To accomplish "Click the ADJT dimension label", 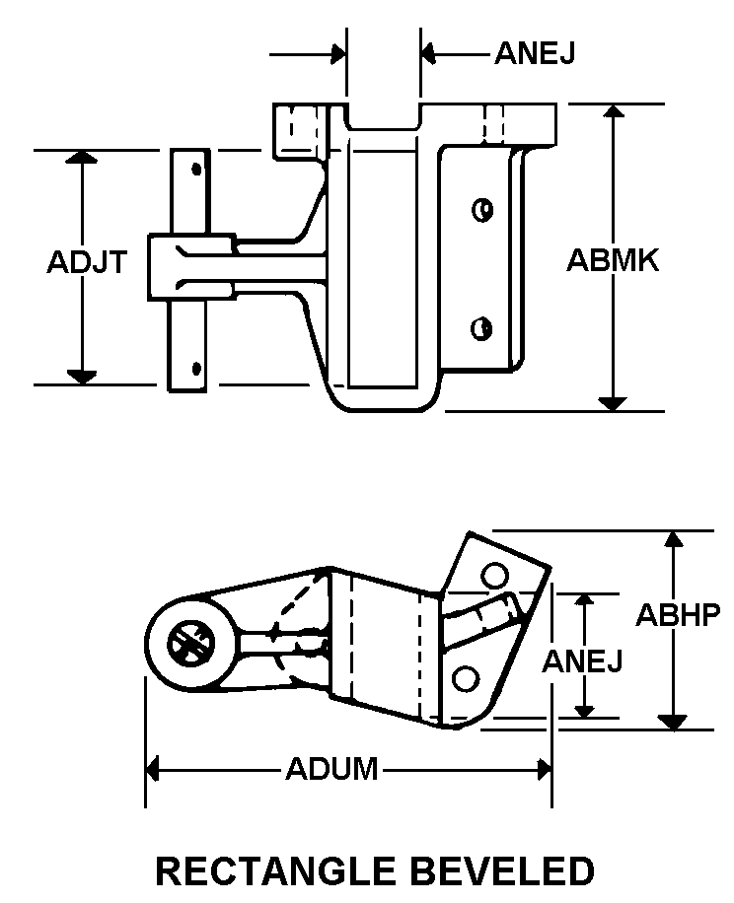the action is pos(87,262).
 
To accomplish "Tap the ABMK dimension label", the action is pos(613,260).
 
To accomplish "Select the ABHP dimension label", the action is pos(678,615).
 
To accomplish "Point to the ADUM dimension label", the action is pos(331,769).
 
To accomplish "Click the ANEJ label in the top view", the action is pos(536,53).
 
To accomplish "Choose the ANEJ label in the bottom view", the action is pos(582,660).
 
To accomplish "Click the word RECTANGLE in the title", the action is pos(275,870).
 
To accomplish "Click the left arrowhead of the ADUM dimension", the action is pos(152,769).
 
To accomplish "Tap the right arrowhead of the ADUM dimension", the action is pos(545,769).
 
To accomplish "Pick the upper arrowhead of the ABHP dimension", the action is pos(674,538).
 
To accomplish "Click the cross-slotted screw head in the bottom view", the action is pos(190,644).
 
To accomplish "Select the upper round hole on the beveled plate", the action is pos(495,576).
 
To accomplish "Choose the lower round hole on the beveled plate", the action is pos(466,678).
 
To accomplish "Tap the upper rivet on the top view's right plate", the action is pos(482,210).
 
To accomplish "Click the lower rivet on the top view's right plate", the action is pos(481,329).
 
